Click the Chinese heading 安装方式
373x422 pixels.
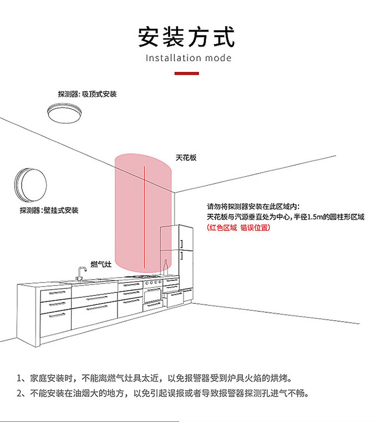[x=186, y=37]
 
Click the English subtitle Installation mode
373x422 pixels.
[x=188, y=58]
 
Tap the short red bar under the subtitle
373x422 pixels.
[x=186, y=74]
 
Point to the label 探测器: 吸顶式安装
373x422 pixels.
[x=87, y=94]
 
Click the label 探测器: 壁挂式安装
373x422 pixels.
[x=49, y=210]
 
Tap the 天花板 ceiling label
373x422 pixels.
[x=186, y=158]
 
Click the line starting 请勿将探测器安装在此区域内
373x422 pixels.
[x=253, y=207]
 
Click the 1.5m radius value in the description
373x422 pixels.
[x=315, y=217]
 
